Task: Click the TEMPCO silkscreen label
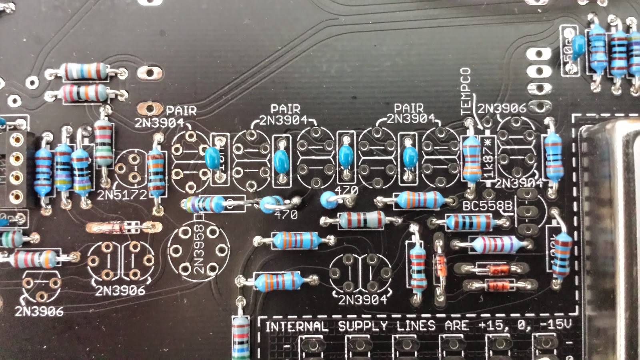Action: [x=465, y=91]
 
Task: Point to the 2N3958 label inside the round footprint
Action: [x=199, y=249]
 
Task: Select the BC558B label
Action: [x=487, y=206]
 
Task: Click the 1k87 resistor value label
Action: [x=488, y=158]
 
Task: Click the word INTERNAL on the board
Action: [x=296, y=326]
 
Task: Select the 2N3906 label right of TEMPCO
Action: [x=502, y=108]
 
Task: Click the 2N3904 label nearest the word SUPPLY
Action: [x=362, y=300]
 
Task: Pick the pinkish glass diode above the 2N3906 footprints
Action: [x=123, y=228]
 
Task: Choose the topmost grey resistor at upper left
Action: [x=85, y=72]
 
